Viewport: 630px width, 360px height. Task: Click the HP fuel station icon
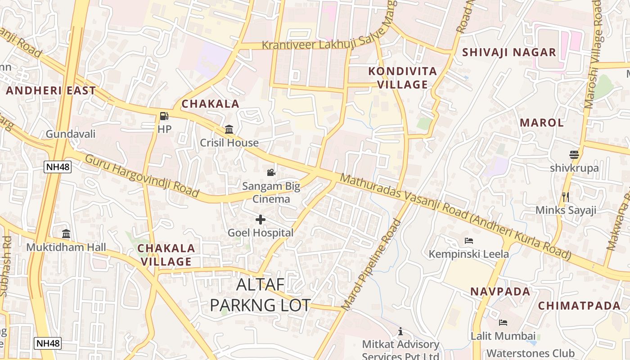pos(164,116)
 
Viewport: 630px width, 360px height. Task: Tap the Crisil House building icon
pos(229,130)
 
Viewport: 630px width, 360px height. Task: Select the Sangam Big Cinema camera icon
pos(271,172)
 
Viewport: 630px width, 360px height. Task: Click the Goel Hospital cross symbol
pos(260,220)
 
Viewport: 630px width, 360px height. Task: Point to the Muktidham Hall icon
pos(66,234)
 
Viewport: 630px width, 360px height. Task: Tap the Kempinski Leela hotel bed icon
pos(468,240)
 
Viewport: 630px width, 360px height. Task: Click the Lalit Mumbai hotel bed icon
pos(503,322)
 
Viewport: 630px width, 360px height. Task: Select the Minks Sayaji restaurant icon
pos(566,197)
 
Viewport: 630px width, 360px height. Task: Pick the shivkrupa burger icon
pos(574,155)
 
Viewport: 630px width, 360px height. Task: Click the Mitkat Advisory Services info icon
pos(400,331)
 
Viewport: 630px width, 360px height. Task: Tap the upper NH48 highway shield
pos(58,167)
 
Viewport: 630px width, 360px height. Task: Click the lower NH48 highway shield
pos(48,343)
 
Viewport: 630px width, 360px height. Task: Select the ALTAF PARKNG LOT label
pos(260,295)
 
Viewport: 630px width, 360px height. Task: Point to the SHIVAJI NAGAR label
pos(509,52)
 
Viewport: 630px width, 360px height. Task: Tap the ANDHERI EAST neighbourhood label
pos(51,90)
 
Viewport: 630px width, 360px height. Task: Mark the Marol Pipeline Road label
pos(372,265)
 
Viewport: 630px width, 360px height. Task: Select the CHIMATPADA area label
pos(579,306)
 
